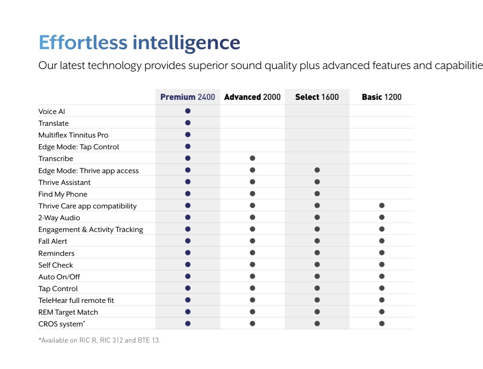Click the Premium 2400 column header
tap(187, 97)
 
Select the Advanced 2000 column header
tap(252, 97)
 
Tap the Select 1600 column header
tap(317, 97)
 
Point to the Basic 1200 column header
tap(382, 97)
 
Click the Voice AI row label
tap(52, 112)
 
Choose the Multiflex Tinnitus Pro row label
tap(73, 135)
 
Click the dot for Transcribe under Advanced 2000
tap(252, 158)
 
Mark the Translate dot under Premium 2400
tap(188, 123)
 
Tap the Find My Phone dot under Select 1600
tap(317, 194)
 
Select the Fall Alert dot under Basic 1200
tap(382, 241)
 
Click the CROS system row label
tap(62, 324)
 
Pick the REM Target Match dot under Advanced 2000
tap(252, 312)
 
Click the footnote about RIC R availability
tap(100, 340)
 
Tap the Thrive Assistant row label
tap(64, 182)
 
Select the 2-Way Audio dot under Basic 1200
tap(382, 217)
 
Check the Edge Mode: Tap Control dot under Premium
tap(188, 147)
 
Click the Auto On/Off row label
tap(59, 277)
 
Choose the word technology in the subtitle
tap(114, 66)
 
